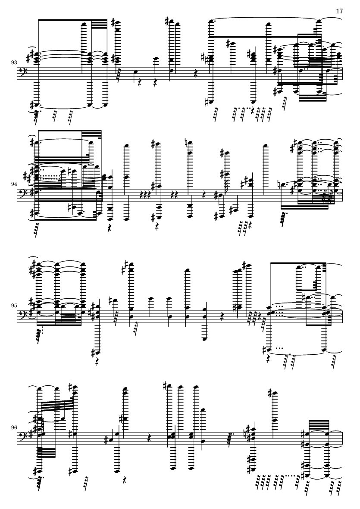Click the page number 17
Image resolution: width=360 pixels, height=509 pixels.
coord(339,11)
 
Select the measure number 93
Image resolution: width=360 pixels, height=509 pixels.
coord(14,62)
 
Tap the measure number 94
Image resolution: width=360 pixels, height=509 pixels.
coord(14,184)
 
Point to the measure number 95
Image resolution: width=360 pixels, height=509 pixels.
coord(14,306)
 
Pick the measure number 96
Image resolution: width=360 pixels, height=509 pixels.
coord(14,428)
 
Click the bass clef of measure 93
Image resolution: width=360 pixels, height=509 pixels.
coord(23,72)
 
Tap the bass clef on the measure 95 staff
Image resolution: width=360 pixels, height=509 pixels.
coord(23,315)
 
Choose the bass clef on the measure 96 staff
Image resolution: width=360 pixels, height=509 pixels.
coord(23,437)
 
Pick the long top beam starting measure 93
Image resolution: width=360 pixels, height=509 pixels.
coord(73,20)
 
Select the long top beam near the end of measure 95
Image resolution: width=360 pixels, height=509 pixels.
coord(298,262)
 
